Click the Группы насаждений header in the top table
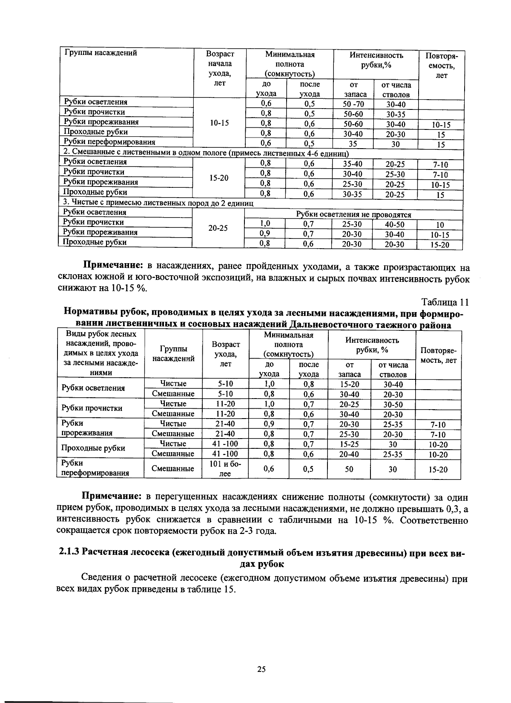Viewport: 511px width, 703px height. point(100,53)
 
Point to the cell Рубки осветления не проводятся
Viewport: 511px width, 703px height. point(353,215)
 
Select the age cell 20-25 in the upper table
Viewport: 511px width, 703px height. point(218,228)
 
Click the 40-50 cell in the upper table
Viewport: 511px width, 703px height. point(394,224)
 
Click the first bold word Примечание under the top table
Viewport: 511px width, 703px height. point(112,267)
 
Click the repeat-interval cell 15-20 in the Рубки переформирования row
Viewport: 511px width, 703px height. point(438,469)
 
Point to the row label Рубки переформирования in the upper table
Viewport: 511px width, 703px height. point(109,142)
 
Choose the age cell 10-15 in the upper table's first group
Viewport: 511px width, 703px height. point(219,123)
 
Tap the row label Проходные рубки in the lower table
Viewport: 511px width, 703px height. point(93,448)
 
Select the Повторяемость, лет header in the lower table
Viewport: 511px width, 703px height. point(438,356)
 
